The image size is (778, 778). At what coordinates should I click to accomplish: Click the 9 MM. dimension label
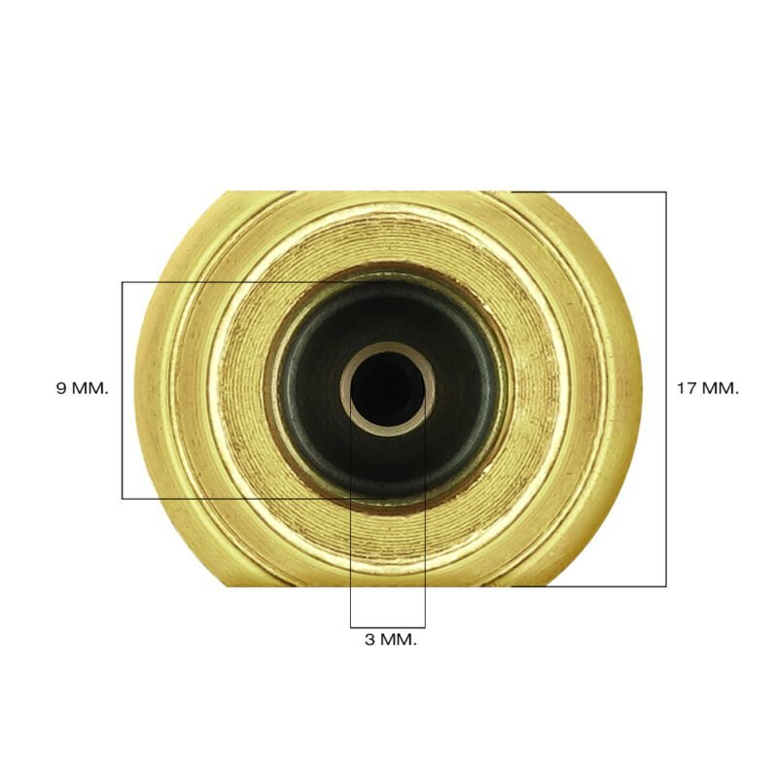click(x=82, y=388)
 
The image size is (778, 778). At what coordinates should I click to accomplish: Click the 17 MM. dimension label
click(x=708, y=388)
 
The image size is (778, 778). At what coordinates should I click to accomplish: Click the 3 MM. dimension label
click(x=391, y=640)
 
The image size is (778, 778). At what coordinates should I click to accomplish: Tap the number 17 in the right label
click(x=688, y=388)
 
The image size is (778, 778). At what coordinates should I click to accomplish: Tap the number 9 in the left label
click(x=61, y=388)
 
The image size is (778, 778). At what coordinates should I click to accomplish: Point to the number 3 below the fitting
click(x=371, y=640)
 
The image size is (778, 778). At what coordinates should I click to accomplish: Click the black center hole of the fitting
click(x=387, y=389)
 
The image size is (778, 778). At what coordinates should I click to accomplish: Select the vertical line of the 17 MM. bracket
click(x=666, y=389)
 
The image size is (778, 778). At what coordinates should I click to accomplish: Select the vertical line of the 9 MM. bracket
click(x=123, y=391)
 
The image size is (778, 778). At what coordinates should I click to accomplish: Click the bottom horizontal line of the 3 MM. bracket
click(x=387, y=627)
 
